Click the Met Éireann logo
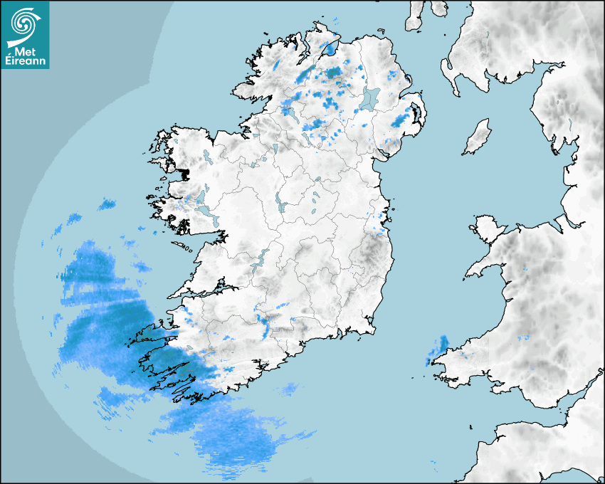tap(25, 34)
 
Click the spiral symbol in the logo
tap(24, 23)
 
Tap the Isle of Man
tap(478, 137)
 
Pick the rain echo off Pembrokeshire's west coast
tap(438, 350)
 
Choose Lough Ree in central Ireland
tap(279, 204)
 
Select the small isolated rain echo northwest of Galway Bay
tap(107, 205)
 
